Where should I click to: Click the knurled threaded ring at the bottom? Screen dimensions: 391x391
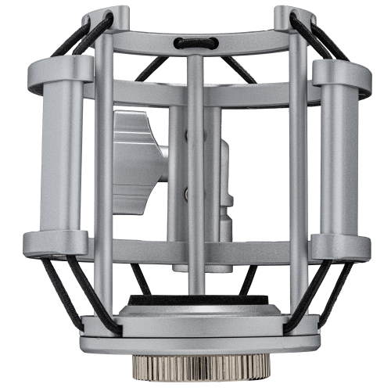[195, 365]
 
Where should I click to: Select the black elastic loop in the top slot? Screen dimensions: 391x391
[195, 44]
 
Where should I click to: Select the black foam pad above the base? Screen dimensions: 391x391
[195, 300]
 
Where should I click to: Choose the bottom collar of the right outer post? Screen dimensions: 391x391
[338, 244]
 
